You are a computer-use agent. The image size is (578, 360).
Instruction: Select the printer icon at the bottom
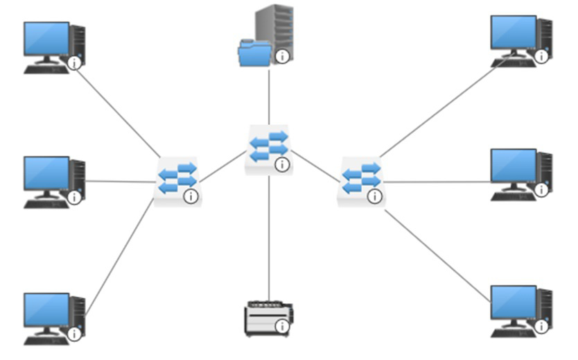coord(268,318)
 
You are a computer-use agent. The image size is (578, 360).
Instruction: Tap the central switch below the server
coord(268,148)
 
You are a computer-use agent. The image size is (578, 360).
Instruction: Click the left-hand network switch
coord(176,180)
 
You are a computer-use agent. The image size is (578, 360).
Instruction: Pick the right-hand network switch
coord(360,180)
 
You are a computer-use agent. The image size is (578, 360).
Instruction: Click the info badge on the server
coord(282,56)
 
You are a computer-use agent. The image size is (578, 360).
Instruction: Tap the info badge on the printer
coord(281,326)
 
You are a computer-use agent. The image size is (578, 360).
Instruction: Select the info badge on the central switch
coord(281,164)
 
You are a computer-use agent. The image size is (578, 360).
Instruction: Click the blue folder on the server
coord(254,53)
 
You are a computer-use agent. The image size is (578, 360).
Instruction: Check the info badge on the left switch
coord(191,197)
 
